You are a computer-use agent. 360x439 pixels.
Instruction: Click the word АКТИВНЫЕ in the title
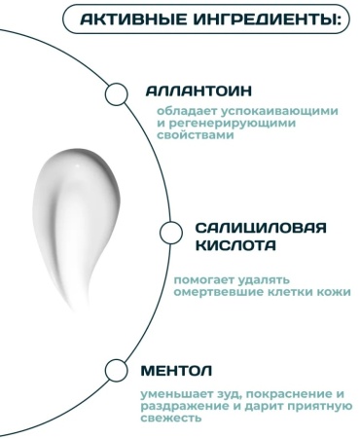point(133,19)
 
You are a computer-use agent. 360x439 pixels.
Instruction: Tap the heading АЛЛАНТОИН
point(198,91)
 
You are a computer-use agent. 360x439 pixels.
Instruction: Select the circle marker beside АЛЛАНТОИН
point(117,94)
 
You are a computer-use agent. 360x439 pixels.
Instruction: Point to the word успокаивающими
point(280,112)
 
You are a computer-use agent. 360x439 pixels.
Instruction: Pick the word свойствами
point(196,135)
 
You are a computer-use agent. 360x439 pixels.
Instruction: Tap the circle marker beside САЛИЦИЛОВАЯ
point(171,233)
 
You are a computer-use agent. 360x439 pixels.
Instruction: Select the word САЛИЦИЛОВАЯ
point(261,228)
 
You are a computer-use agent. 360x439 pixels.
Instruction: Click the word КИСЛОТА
point(235,245)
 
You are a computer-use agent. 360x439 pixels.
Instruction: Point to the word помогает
point(202,280)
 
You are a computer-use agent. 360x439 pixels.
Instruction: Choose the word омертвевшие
point(219,292)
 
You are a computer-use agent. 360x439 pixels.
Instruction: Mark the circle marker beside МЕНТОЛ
point(117,370)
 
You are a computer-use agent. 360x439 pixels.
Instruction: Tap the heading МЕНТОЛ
point(176,371)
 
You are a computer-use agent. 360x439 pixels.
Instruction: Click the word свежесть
point(171,418)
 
